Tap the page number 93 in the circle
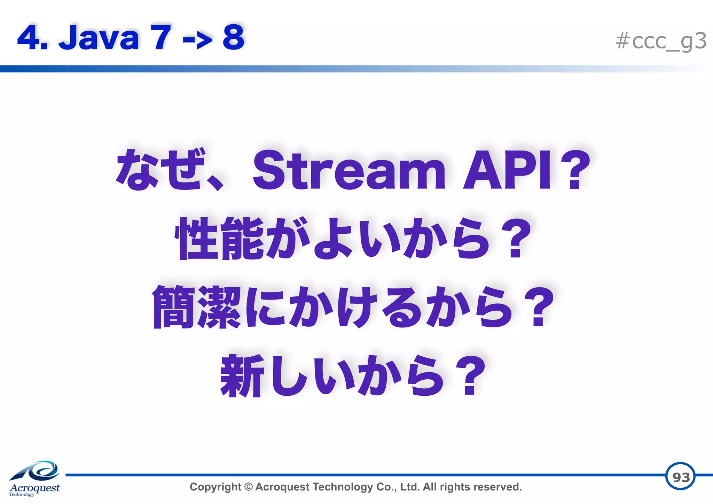(x=681, y=477)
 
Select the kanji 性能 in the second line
(x=219, y=239)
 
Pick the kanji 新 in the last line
(x=242, y=376)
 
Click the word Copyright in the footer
(x=215, y=487)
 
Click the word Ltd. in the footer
(x=410, y=487)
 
